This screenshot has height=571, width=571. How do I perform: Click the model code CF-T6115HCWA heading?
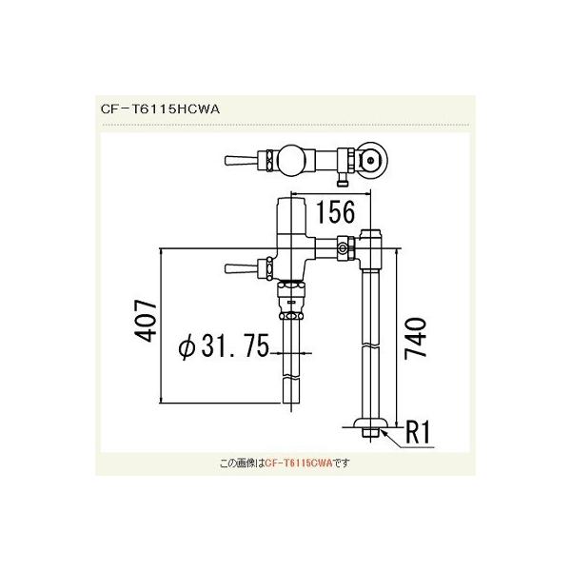pos(159,108)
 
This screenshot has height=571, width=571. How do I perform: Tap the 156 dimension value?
pos(328,211)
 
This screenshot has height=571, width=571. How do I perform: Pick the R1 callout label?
pos(420,433)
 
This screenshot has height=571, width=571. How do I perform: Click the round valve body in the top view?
pos(289,158)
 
